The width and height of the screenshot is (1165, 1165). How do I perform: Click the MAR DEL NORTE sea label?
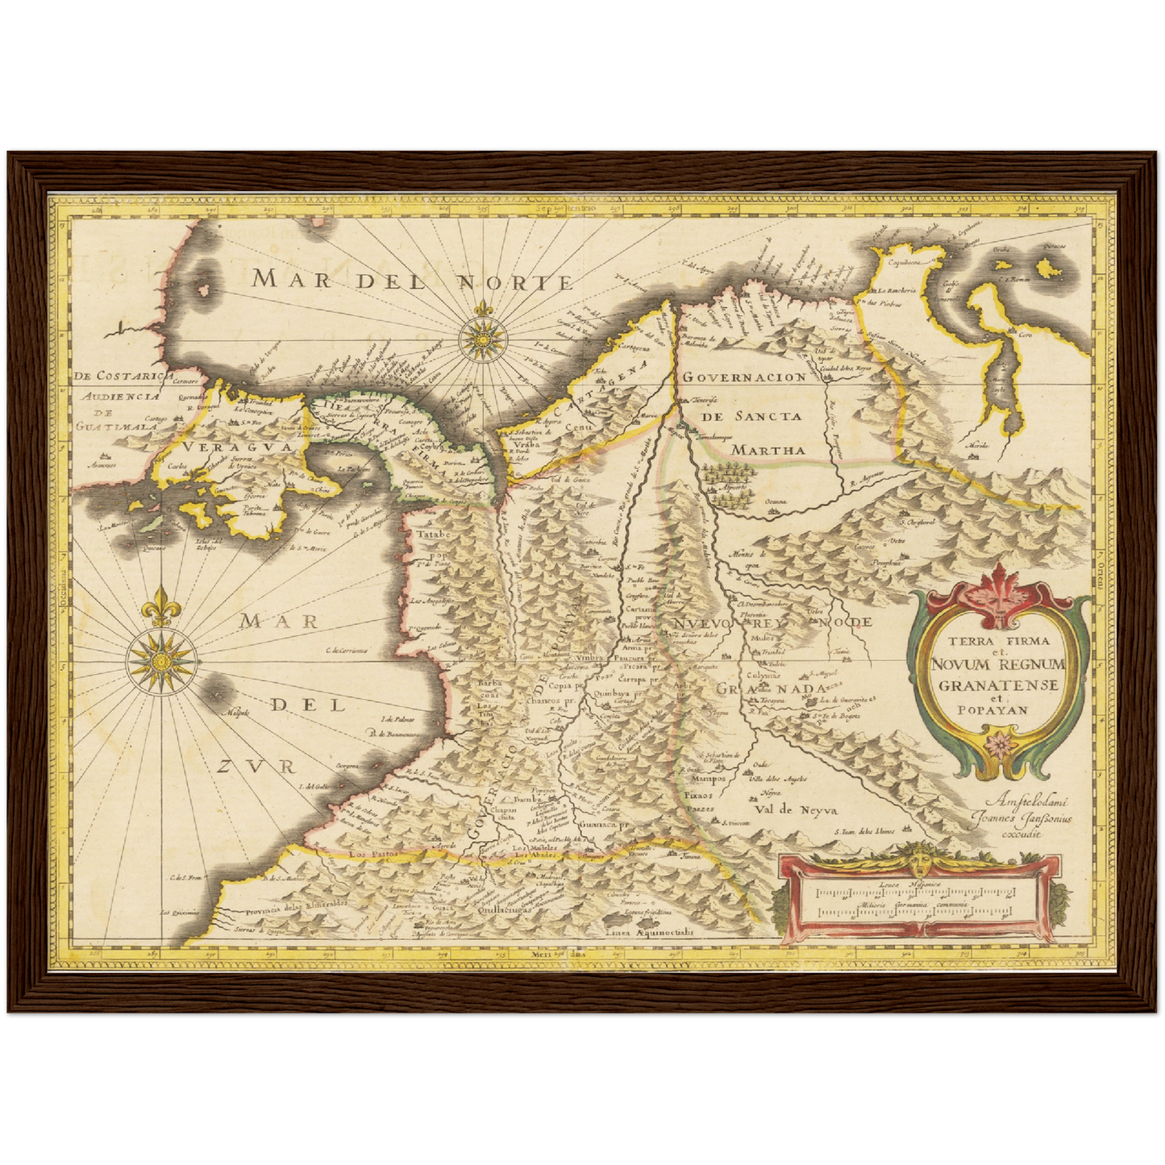click(412, 281)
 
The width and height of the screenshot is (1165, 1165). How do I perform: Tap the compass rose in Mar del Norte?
click(483, 338)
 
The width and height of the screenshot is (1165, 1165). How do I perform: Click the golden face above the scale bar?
click(920, 859)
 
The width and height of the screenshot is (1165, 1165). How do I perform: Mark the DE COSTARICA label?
click(120, 376)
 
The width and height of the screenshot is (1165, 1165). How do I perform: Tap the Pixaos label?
click(698, 794)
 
